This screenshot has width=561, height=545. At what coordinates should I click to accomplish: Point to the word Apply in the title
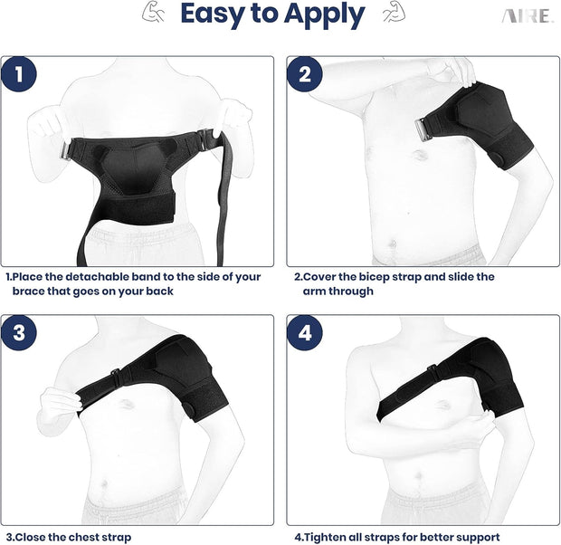(x=321, y=16)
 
